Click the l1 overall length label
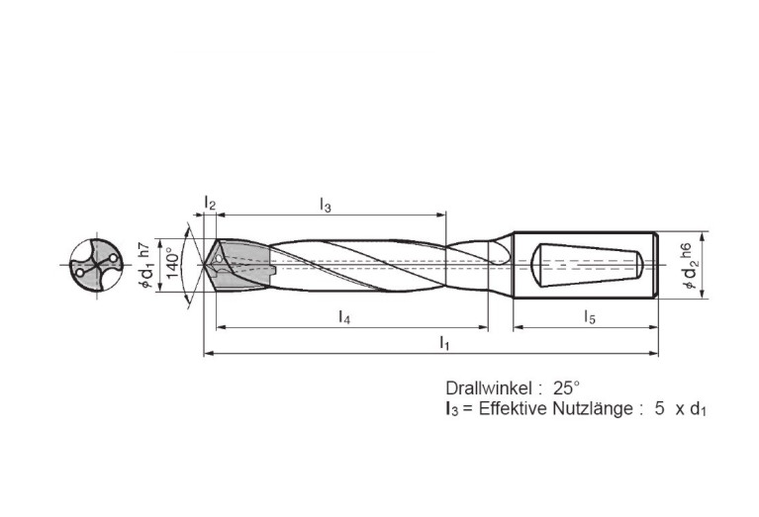pos(444,343)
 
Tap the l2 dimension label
pos(210,203)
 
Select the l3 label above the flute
pos(326,205)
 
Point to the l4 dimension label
pos(344,317)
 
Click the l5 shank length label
pos(590,317)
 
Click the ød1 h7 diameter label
pos(146,266)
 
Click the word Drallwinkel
pos(490,388)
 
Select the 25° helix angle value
pos(566,388)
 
